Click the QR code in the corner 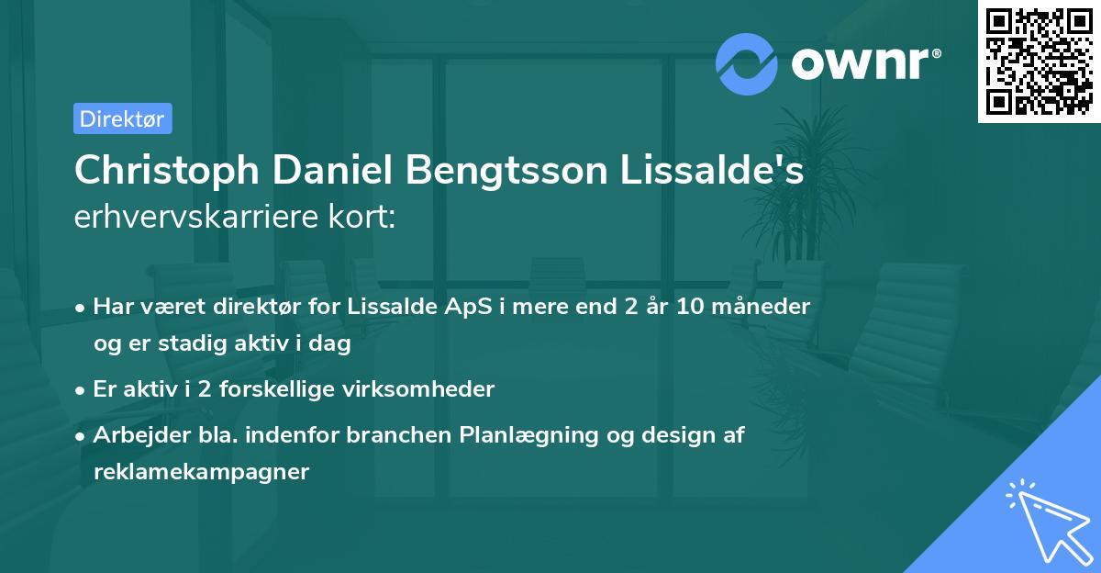click(x=1039, y=62)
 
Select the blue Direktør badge click(x=122, y=118)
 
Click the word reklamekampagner click(x=201, y=472)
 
